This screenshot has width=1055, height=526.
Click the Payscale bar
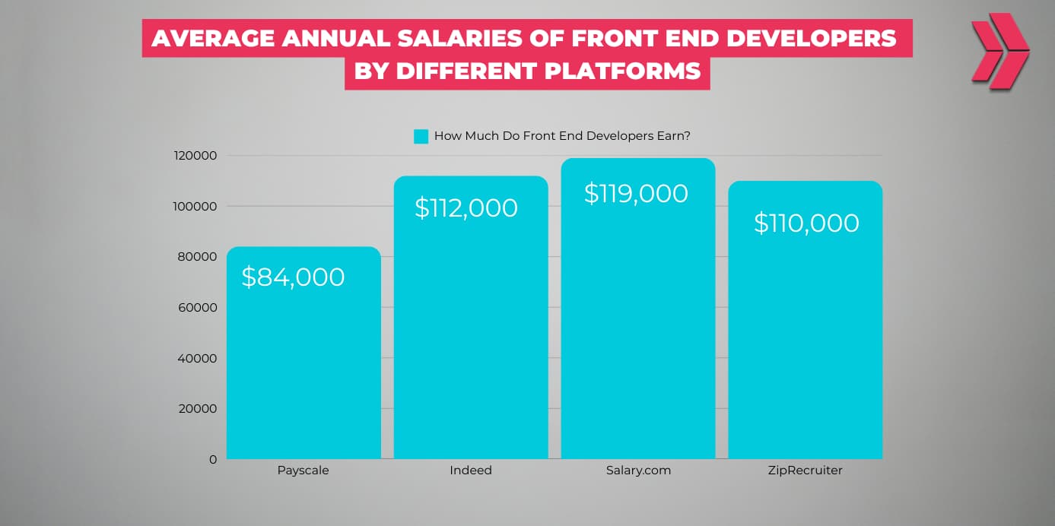pyautogui.click(x=303, y=365)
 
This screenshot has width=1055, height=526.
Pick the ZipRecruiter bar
pyautogui.click(x=805, y=342)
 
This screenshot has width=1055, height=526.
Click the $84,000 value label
pyautogui.click(x=293, y=277)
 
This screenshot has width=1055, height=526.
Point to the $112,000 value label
pyautogui.click(x=466, y=208)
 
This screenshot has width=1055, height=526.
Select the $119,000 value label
pyautogui.click(x=636, y=193)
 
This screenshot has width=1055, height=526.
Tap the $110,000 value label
pyautogui.click(x=806, y=223)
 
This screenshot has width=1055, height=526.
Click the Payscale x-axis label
pyautogui.click(x=303, y=471)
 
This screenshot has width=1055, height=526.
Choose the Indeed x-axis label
pyautogui.click(x=470, y=471)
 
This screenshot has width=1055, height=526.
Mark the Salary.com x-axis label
pyautogui.click(x=638, y=471)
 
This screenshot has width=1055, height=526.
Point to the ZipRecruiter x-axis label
pyautogui.click(x=805, y=471)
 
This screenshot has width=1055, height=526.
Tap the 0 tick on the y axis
pyautogui.click(x=213, y=459)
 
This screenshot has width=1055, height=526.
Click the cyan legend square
pyautogui.click(x=421, y=137)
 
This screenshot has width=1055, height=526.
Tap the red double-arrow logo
pyautogui.click(x=999, y=50)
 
